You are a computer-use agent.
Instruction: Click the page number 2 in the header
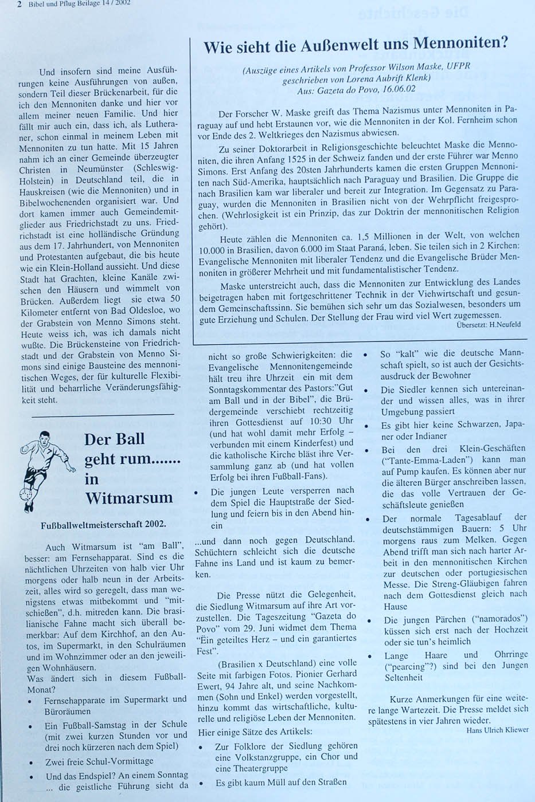(x=19, y=3)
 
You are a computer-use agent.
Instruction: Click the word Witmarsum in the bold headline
(x=128, y=497)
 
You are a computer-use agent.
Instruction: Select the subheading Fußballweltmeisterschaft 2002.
(x=103, y=524)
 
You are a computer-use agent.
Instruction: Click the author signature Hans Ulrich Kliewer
(x=497, y=729)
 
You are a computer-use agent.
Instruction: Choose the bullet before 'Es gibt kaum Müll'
(x=201, y=783)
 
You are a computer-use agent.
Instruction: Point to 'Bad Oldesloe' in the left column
(x=139, y=310)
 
